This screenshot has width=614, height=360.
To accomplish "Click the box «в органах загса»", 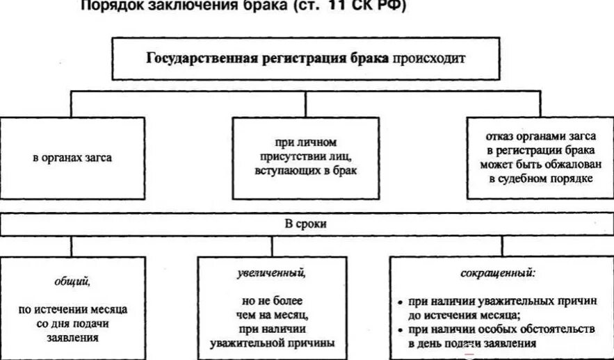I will tap(72, 158).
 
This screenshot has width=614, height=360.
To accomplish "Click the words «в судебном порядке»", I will tap(535, 179).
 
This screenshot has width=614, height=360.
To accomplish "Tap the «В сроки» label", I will tap(307, 224).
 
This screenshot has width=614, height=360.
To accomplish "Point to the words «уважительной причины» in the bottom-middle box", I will tap(272, 342).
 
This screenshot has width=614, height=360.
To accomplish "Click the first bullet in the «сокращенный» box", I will tap(401, 303).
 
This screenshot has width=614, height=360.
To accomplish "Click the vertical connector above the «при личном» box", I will tap(307, 103).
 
